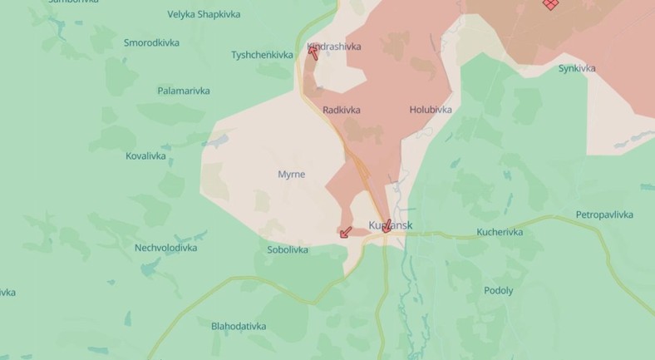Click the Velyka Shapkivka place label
coord(204,14)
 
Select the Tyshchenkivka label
coord(262,55)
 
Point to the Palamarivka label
coord(184,91)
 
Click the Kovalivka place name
coord(145,155)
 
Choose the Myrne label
coord(291,175)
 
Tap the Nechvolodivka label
coord(165,248)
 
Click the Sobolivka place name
coord(288,249)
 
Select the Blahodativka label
coord(239,326)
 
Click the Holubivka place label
coord(431,110)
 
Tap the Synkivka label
coord(577,68)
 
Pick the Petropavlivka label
coord(605,215)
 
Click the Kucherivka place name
coord(500,232)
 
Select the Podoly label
coord(498,291)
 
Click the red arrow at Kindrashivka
coord(313,52)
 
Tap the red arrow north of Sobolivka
coord(346,232)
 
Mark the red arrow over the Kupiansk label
coord(387,225)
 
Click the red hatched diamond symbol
coord(550,3)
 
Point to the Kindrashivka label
coord(336,47)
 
